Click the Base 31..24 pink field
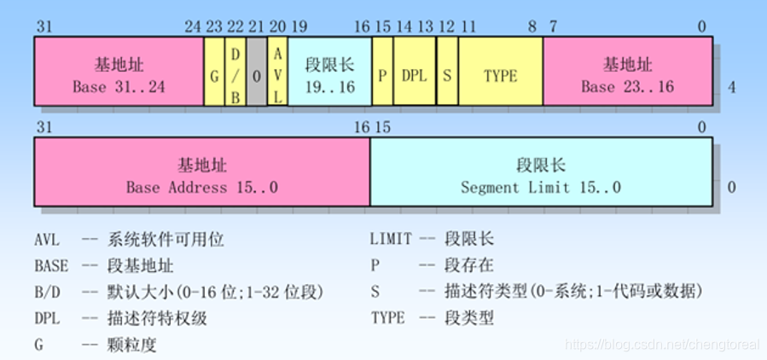(x=119, y=74)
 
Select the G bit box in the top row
(x=213, y=74)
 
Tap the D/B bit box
(x=235, y=74)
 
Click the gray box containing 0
(x=256, y=74)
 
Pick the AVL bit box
(x=277, y=74)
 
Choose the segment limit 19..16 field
(x=329, y=74)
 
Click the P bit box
(x=382, y=74)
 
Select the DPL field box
(x=415, y=74)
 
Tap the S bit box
(x=447, y=74)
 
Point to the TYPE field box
(x=501, y=74)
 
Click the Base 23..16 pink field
(x=628, y=74)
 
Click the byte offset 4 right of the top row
(x=731, y=87)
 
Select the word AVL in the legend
(x=48, y=241)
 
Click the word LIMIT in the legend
(x=391, y=241)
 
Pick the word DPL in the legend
(x=48, y=319)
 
